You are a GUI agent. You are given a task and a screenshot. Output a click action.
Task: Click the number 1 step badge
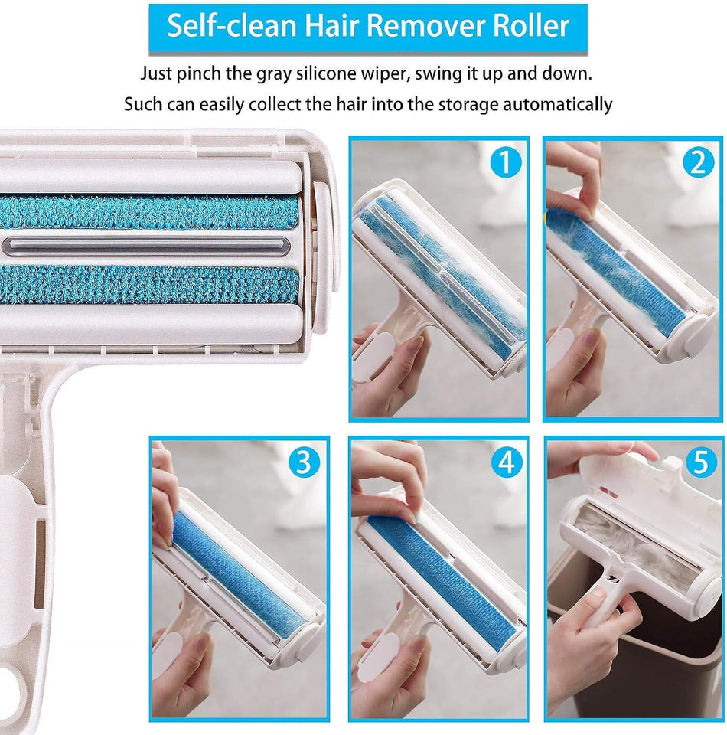point(505,162)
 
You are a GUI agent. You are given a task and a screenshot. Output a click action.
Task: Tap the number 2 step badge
point(697,163)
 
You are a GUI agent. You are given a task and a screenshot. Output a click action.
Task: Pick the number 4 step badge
point(505,462)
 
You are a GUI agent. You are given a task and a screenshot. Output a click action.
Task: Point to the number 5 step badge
point(697,462)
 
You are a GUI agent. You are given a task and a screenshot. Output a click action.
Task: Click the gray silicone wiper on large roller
point(145,245)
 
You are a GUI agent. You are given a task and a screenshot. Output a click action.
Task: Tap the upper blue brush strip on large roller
point(145,212)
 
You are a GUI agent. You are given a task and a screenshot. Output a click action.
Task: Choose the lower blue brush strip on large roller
point(145,283)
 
